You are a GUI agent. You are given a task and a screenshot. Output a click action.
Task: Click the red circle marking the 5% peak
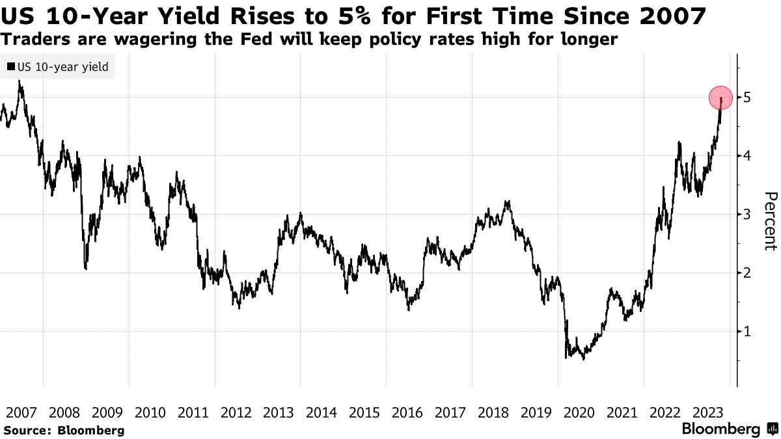pos(720,98)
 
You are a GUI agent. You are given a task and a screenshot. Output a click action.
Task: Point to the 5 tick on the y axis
pos(748,98)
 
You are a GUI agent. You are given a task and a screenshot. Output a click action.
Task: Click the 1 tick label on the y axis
pos(748,331)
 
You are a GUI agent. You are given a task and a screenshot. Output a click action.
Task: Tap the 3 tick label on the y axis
pos(748,214)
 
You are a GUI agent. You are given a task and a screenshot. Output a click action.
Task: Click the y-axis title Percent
pos(770,221)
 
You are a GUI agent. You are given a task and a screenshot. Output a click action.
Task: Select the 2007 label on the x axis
pos(21,412)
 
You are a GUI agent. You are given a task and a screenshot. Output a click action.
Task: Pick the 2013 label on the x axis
pos(279,412)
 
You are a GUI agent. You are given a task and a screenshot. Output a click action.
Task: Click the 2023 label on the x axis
pos(707,412)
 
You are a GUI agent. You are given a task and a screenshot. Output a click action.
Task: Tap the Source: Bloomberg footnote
pos(64,430)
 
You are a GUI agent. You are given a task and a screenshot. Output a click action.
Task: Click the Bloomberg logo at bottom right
pos(720,429)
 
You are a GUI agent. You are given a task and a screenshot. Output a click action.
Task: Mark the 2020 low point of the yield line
pos(566,358)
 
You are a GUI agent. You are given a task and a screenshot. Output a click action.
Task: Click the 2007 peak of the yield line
pos(20,82)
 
